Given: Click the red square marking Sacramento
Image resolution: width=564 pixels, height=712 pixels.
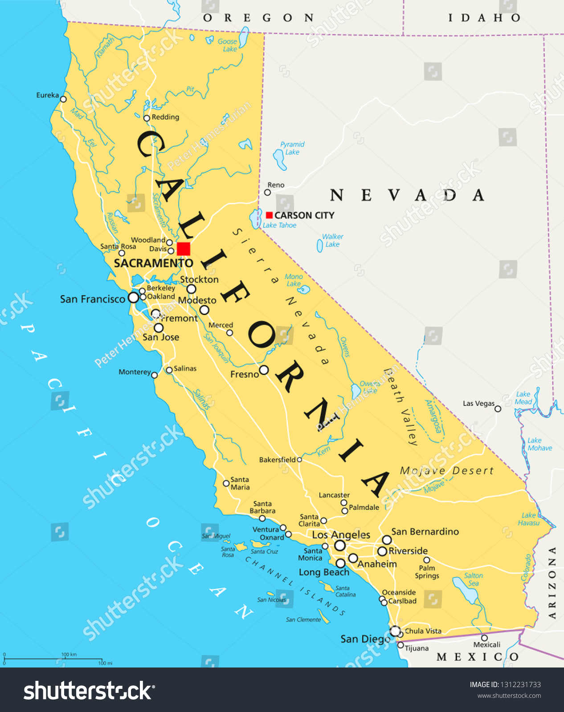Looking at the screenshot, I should [x=184, y=249].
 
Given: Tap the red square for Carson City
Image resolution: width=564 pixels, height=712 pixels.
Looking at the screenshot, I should [x=269, y=215].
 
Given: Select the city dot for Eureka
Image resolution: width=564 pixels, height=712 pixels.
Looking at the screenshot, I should [x=63, y=99].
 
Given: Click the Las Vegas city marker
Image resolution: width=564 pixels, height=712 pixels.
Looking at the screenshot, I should [x=498, y=409].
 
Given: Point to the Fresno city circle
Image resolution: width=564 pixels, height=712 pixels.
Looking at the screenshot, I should [x=264, y=370].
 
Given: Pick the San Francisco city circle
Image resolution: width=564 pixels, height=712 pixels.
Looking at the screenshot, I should [x=133, y=298].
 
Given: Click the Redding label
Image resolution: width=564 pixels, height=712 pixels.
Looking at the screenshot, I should [x=165, y=117].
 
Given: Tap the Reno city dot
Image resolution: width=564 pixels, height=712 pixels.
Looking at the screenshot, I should [x=267, y=193].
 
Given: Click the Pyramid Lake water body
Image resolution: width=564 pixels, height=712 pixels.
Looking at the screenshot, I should [x=280, y=159].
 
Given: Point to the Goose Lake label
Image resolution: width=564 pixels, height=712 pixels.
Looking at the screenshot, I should [x=228, y=45].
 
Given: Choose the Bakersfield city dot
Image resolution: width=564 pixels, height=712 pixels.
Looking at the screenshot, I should [x=299, y=460].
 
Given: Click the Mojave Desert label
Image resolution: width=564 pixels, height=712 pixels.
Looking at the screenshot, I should [x=447, y=471].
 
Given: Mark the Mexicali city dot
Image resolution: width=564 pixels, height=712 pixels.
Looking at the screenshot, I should [x=484, y=638].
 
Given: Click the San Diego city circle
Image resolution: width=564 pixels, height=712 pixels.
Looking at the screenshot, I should [x=395, y=631].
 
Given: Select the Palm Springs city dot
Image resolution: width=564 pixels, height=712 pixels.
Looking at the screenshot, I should [x=427, y=560].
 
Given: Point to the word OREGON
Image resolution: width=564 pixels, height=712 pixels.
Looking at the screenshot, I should [x=258, y=18].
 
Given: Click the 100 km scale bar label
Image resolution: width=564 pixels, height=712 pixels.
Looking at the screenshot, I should [x=69, y=655].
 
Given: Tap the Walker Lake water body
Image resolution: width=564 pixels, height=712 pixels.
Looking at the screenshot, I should [x=319, y=245].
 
